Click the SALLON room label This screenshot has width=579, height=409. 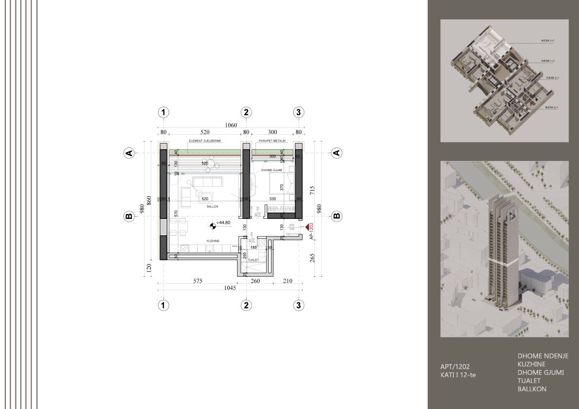[x=212, y=207]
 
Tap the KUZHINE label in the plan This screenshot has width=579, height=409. [x=212, y=241]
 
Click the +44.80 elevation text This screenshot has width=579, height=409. [x=223, y=223]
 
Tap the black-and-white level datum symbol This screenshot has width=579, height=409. [x=213, y=225]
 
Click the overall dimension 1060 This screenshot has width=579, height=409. [x=231, y=125]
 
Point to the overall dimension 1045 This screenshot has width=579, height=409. [x=230, y=288]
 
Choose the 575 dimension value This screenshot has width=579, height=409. [x=197, y=281]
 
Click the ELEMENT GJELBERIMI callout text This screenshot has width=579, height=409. [x=205, y=141]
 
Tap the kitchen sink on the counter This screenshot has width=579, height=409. [x=209, y=249]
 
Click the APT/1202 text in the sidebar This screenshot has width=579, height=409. [x=455, y=367]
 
